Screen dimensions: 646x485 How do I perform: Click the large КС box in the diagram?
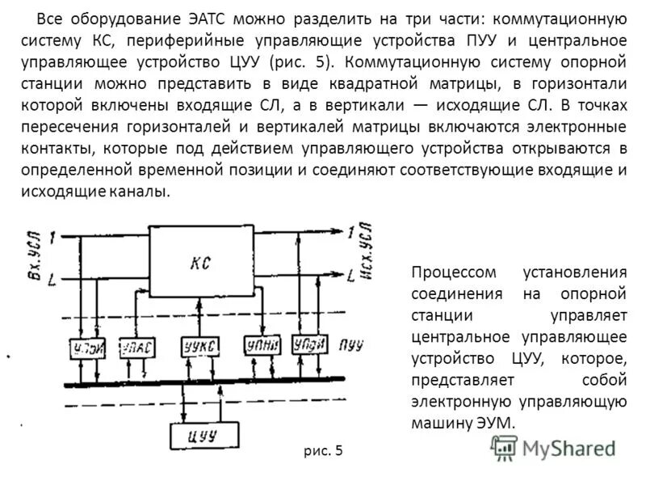click(202, 262)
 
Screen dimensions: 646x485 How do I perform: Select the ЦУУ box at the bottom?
click(201, 436)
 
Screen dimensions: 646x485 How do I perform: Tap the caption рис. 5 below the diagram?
click(324, 451)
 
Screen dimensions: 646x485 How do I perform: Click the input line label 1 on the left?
click(52, 238)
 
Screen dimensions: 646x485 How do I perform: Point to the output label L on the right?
click(350, 276)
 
